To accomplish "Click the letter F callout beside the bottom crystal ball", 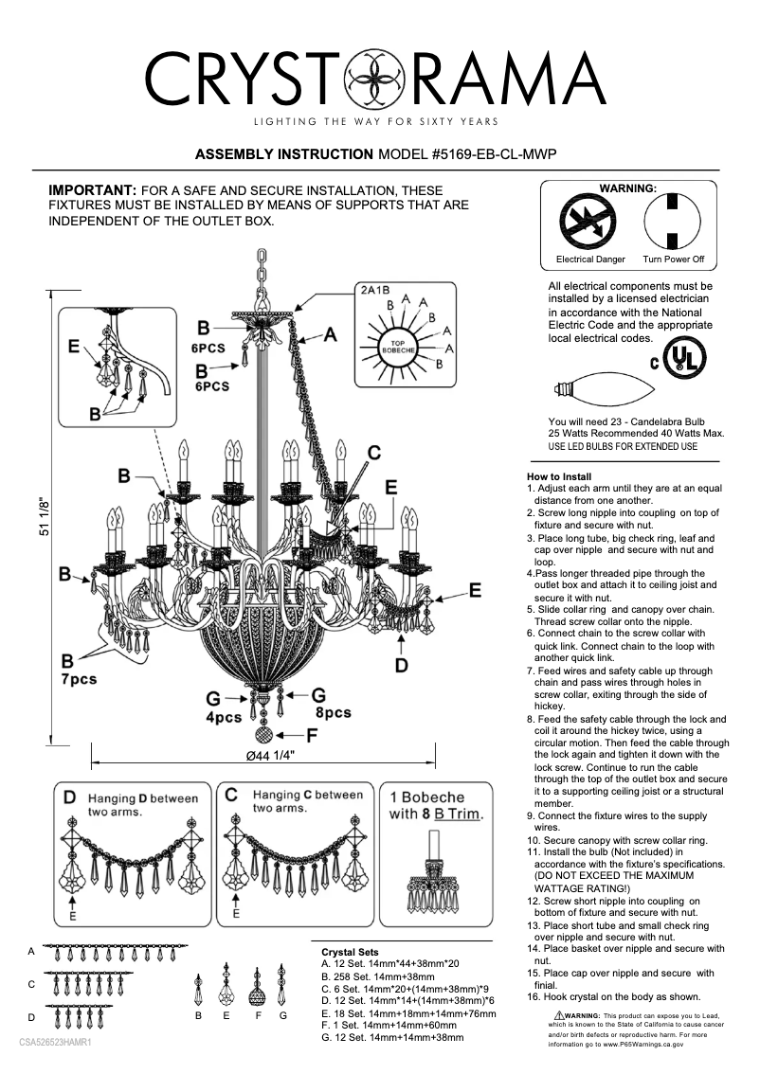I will click(x=311, y=734).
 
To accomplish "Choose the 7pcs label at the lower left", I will click(x=79, y=680).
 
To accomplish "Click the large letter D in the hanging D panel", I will click(x=69, y=798).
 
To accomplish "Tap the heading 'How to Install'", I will click(x=559, y=476).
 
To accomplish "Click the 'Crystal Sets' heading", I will click(x=350, y=952).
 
